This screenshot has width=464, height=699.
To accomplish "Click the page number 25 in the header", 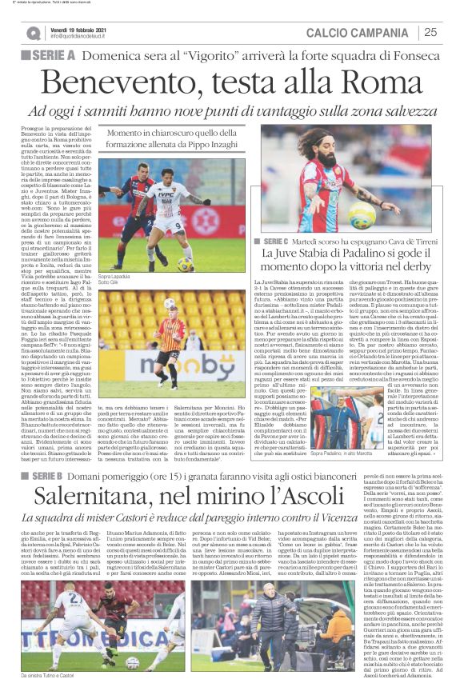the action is (430, 32).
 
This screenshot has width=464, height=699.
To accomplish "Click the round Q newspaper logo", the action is (33, 33).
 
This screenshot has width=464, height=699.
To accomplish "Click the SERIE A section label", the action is (50, 55).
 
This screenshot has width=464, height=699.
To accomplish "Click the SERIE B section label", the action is (52, 453).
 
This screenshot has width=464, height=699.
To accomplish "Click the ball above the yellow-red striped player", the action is (170, 303).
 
